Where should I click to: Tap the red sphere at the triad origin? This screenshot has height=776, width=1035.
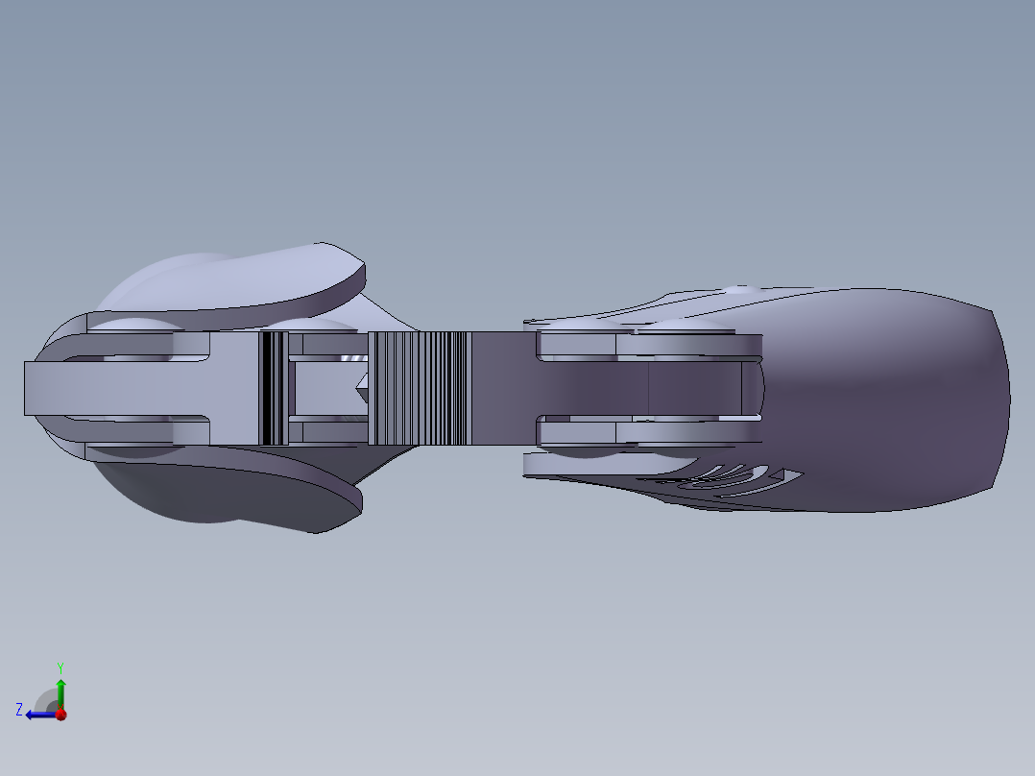(x=60, y=714)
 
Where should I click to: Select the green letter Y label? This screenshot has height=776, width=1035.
(x=60, y=666)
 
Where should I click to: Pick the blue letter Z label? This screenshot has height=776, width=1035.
(x=19, y=710)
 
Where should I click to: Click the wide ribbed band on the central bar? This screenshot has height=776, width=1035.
(x=419, y=389)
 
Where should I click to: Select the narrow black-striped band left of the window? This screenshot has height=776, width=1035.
(x=275, y=388)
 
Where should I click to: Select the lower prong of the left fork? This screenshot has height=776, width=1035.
(x=144, y=431)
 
